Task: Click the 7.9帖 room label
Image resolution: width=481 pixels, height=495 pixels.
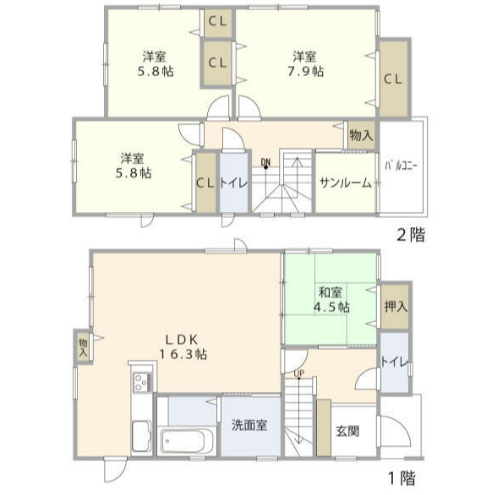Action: click(x=305, y=64)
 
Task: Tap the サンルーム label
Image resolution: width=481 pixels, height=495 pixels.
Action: click(x=345, y=182)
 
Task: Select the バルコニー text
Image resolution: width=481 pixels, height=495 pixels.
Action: click(x=402, y=166)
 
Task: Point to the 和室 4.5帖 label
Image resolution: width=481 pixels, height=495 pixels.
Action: click(x=331, y=299)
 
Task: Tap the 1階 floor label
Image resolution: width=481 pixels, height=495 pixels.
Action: click(x=402, y=479)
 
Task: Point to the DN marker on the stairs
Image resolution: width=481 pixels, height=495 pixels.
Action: click(x=265, y=162)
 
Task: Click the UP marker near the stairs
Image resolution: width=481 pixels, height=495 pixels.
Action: click(x=299, y=373)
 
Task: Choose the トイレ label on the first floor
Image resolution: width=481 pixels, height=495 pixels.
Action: click(x=395, y=363)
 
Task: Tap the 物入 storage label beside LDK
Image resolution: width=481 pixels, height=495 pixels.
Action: click(x=83, y=346)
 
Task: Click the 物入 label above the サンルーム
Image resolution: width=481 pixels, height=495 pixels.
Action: click(x=360, y=134)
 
